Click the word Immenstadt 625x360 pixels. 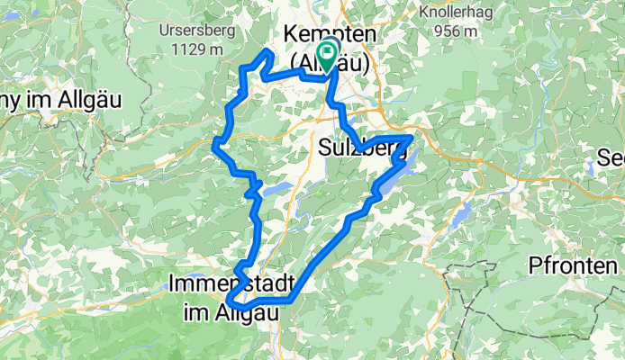point(228,283)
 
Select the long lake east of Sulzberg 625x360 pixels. point(394,176)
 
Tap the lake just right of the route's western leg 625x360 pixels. point(277,189)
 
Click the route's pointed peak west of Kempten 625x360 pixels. point(267,53)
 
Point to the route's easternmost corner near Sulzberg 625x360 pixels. point(411,138)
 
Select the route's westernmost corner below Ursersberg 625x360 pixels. point(215,142)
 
